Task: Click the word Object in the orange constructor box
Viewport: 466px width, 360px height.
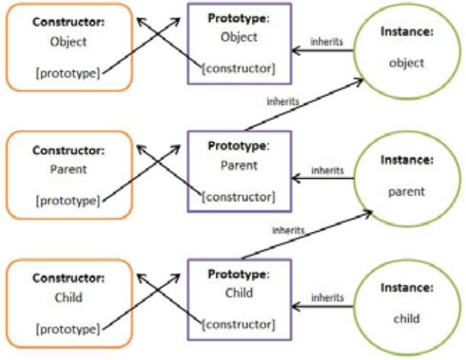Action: point(68,42)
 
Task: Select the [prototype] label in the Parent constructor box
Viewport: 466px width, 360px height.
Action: point(68,201)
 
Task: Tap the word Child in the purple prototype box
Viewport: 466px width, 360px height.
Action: point(239,293)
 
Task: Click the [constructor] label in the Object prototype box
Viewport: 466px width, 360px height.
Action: point(239,69)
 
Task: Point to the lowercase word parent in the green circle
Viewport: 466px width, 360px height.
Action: point(407,192)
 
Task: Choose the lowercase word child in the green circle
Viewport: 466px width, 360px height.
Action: point(407,319)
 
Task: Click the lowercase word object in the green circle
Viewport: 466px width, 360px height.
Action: point(407,63)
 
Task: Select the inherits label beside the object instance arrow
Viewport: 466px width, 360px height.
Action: point(326,42)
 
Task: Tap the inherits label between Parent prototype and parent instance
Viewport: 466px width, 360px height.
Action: point(328,170)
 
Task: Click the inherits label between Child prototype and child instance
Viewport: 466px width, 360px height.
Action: point(328,298)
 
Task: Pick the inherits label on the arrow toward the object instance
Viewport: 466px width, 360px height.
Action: point(283,101)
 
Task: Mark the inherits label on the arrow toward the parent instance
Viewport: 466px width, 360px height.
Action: point(288,230)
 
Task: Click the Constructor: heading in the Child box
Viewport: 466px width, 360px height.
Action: point(69,278)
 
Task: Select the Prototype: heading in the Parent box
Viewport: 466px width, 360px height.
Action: point(239,146)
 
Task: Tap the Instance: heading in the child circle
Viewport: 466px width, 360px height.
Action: point(407,288)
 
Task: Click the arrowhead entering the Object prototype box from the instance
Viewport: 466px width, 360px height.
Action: point(296,51)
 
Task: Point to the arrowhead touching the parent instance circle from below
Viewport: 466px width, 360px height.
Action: point(368,213)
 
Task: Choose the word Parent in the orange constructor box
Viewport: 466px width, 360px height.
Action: point(68,169)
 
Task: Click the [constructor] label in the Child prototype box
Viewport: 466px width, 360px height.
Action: point(239,325)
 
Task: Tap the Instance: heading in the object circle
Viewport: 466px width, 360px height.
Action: point(407,32)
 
